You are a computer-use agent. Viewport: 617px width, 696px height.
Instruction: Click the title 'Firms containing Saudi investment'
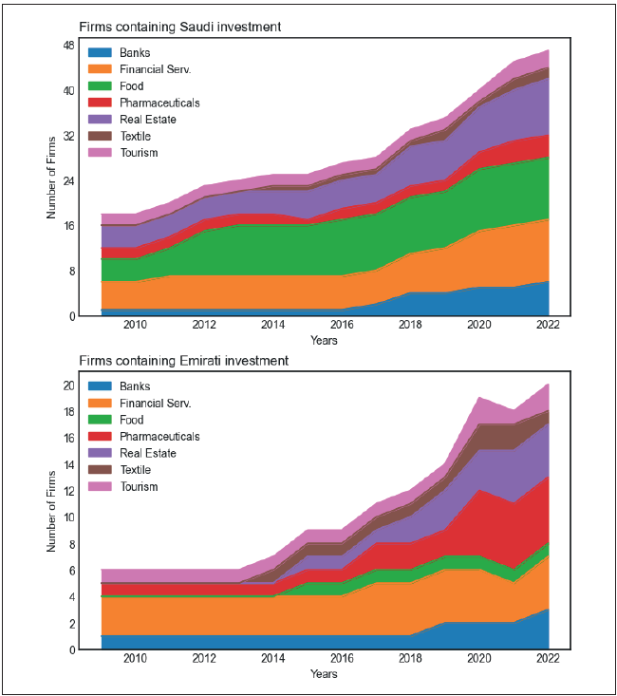(x=179, y=27)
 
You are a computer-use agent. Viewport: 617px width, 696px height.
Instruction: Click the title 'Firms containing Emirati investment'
(x=183, y=361)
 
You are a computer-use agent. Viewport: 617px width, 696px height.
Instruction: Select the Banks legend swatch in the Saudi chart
(x=100, y=52)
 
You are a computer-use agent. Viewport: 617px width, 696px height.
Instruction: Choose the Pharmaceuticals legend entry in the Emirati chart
(x=159, y=437)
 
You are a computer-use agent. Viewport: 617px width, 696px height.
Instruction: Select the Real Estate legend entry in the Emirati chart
(x=148, y=454)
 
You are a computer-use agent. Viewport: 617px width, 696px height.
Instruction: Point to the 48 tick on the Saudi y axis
(x=69, y=46)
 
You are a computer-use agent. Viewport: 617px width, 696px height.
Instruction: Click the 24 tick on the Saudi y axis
(x=69, y=180)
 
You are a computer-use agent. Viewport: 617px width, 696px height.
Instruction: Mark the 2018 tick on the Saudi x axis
(x=411, y=325)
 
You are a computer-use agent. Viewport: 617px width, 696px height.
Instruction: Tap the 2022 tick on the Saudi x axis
(x=548, y=325)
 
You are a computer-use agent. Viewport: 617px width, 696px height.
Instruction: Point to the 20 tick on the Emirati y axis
(x=69, y=386)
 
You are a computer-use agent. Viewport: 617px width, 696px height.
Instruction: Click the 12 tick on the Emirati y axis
(x=69, y=491)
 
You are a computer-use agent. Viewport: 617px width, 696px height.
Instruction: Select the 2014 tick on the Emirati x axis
(x=273, y=659)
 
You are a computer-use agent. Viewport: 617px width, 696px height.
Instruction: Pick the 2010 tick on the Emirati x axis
(x=136, y=659)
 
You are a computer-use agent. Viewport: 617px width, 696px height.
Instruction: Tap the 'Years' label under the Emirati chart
(x=324, y=674)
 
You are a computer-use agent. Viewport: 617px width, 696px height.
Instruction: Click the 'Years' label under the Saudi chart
(x=324, y=340)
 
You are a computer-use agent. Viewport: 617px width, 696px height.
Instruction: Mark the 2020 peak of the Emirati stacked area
(x=479, y=398)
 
